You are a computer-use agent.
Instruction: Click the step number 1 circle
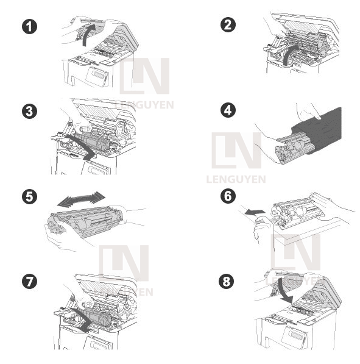tap(28, 27)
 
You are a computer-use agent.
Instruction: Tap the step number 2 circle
tap(228, 24)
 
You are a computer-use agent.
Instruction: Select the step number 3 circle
tap(28, 111)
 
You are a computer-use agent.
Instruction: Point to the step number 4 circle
tap(228, 111)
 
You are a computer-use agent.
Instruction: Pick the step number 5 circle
tap(28, 197)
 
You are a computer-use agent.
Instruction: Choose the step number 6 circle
tap(228, 196)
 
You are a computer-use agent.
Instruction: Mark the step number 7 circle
tap(28, 281)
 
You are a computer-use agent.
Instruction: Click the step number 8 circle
tap(228, 281)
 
